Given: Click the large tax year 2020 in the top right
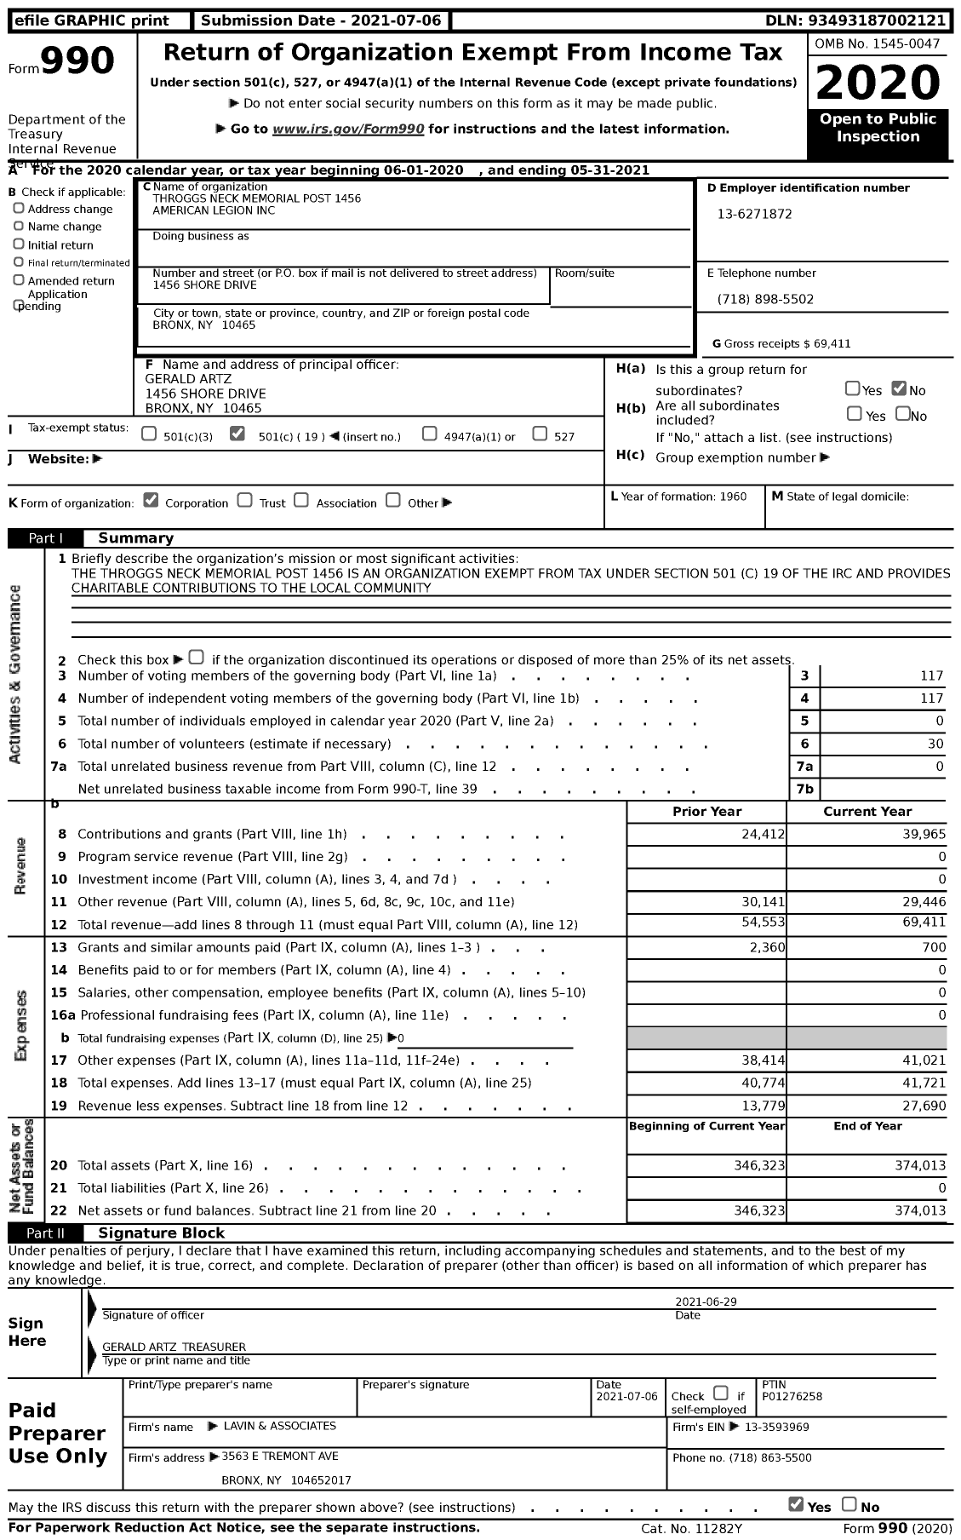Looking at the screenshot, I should [878, 82].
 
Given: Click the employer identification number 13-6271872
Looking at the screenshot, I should [754, 215].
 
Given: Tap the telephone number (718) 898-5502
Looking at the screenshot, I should [765, 300].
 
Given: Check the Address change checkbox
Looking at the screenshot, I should [19, 209].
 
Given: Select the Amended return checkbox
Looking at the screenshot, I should [19, 280].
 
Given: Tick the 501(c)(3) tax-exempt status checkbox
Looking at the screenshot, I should [149, 434].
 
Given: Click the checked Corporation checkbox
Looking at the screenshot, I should [152, 501].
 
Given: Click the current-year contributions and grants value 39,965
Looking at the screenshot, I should [923, 835].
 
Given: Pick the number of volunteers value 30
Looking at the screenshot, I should [935, 744].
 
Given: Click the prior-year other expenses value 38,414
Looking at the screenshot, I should [764, 1060].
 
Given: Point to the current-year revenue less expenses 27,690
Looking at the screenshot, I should [923, 1106].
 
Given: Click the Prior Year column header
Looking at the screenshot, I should [706, 812].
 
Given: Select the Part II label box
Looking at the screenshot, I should [46, 1233].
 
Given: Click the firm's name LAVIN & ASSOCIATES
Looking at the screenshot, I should [279, 1426].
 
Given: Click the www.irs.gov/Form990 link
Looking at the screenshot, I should [348, 129].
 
